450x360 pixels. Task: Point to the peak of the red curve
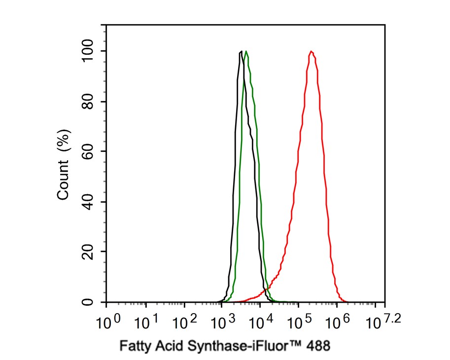pyautogui.click(x=312, y=51)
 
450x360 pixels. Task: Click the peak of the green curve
pyautogui.click(x=246, y=51)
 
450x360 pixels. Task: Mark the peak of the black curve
pyautogui.click(x=241, y=51)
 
